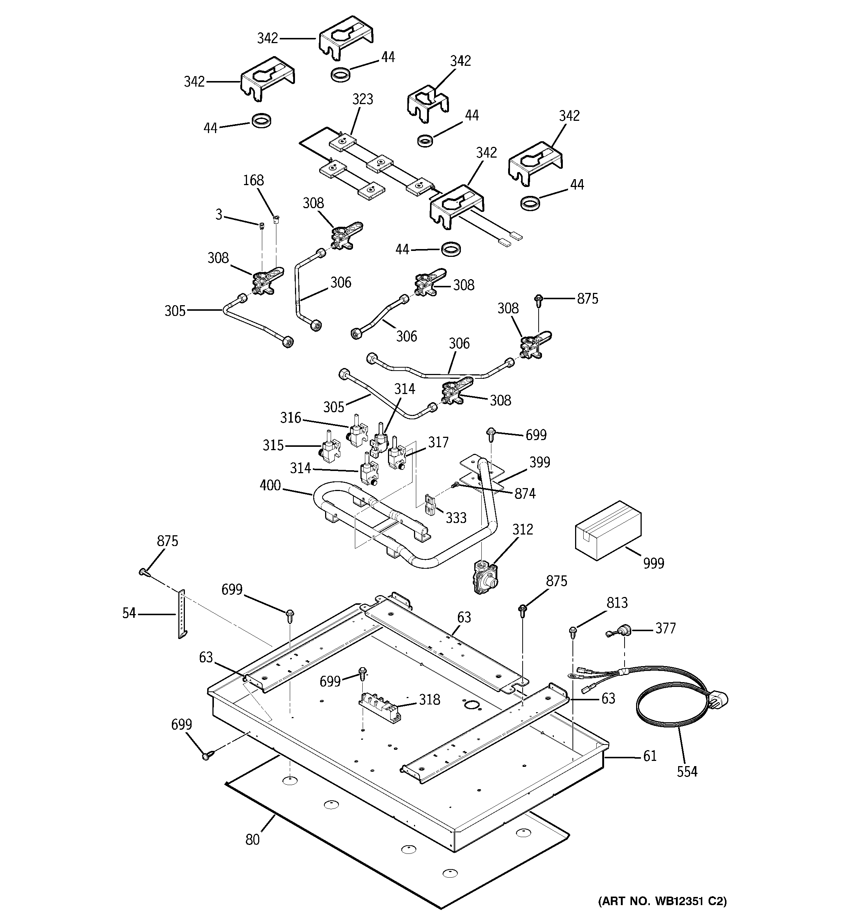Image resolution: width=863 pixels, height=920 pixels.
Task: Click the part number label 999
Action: click(x=653, y=563)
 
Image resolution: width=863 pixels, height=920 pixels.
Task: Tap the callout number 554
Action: click(x=687, y=771)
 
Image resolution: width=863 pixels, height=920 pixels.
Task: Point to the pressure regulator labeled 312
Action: click(x=484, y=576)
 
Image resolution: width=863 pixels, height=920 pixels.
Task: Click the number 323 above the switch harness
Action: click(x=362, y=99)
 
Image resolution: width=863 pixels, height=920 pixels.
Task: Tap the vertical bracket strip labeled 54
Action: click(x=182, y=614)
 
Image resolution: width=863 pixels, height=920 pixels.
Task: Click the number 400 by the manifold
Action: click(x=270, y=485)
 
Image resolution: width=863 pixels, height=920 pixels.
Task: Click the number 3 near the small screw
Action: click(x=219, y=214)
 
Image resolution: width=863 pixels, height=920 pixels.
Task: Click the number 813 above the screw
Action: click(x=617, y=603)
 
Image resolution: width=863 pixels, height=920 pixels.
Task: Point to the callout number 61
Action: click(x=649, y=756)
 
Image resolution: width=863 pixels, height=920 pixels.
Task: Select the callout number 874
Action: click(x=525, y=494)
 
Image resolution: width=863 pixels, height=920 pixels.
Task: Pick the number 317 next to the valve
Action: click(x=438, y=442)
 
